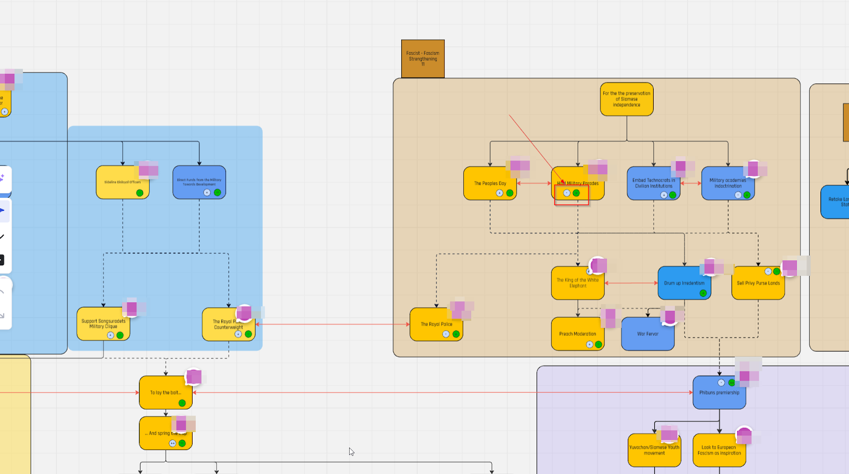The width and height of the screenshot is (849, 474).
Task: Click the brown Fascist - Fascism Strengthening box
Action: [x=422, y=58]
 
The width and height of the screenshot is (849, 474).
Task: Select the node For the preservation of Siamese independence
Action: [x=626, y=99]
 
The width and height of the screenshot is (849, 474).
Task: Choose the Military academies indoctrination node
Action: [x=727, y=183]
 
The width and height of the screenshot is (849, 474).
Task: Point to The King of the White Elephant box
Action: [x=577, y=283]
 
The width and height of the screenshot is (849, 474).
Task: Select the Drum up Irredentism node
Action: [x=684, y=283]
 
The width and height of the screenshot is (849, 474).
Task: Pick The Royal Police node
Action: [x=436, y=324]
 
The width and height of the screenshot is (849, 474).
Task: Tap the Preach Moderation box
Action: [x=577, y=334]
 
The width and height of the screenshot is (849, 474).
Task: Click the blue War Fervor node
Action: [x=647, y=334]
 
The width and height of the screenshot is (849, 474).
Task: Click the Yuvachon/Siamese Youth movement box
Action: [x=654, y=451]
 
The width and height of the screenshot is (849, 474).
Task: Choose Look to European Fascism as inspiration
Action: [x=719, y=451]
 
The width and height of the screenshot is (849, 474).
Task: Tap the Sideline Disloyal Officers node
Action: [x=122, y=182]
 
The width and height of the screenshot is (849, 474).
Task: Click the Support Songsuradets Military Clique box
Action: [x=103, y=323]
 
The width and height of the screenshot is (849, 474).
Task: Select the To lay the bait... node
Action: [x=165, y=393]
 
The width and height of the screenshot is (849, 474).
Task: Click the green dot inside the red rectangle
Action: [x=576, y=193]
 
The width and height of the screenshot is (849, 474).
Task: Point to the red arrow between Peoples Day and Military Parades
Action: [x=534, y=183]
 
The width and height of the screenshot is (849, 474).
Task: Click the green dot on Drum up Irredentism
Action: [x=703, y=293]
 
